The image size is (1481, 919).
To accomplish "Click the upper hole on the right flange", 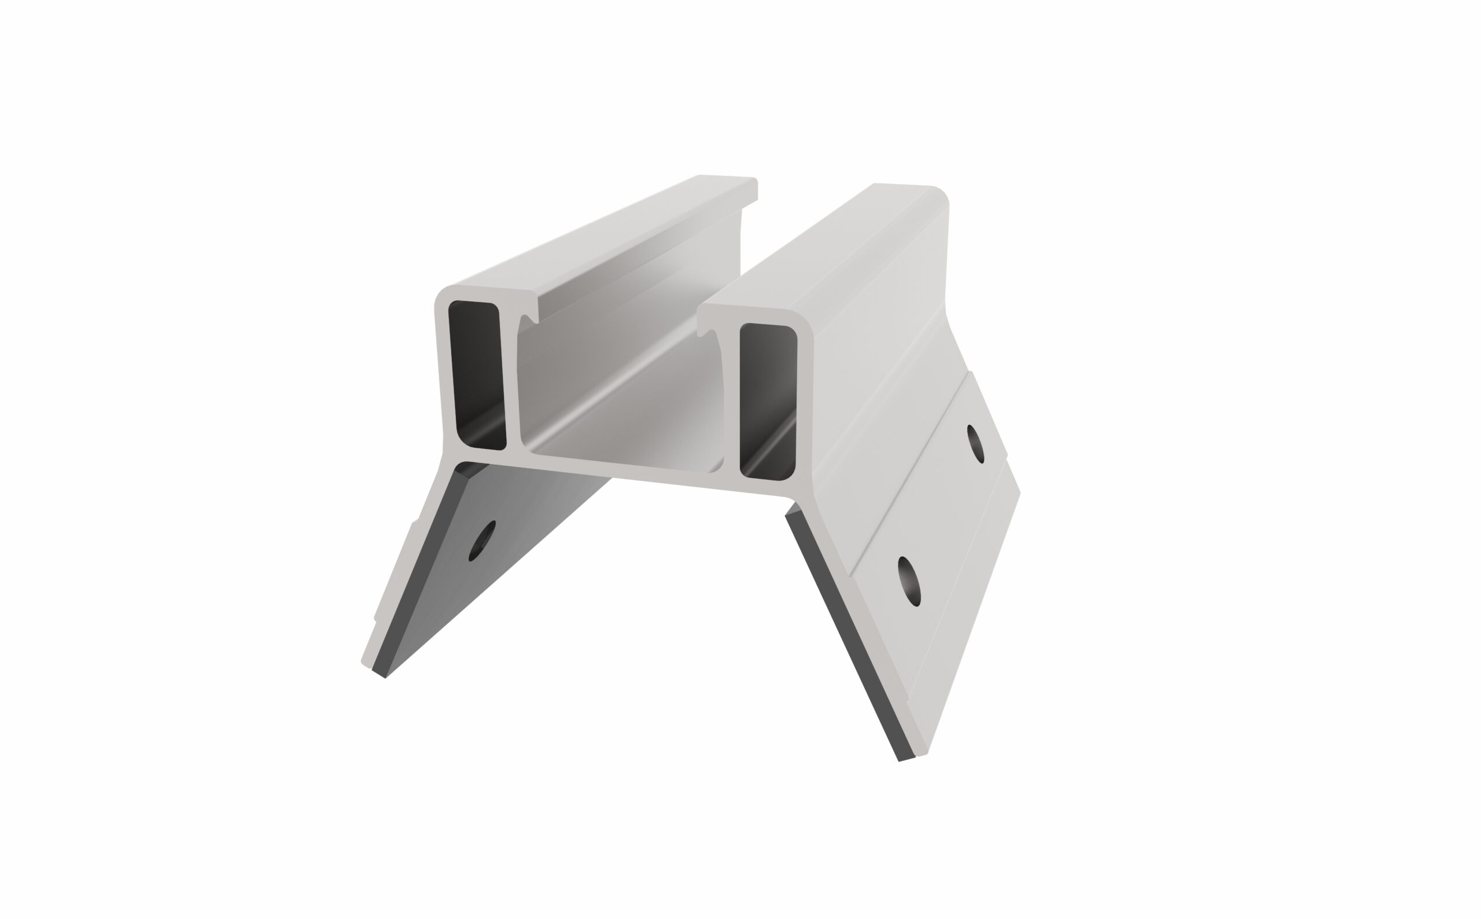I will point(975,444).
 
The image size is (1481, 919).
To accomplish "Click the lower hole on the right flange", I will point(909,580).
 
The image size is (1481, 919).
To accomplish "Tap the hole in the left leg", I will point(482,541).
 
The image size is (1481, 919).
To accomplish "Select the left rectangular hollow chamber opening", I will point(477,376).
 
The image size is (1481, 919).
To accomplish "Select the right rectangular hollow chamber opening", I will point(768,401).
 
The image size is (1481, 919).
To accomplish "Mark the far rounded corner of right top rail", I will point(938,194).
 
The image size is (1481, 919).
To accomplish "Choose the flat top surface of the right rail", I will point(820,249).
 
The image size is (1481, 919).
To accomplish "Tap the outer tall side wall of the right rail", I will point(881,340).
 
